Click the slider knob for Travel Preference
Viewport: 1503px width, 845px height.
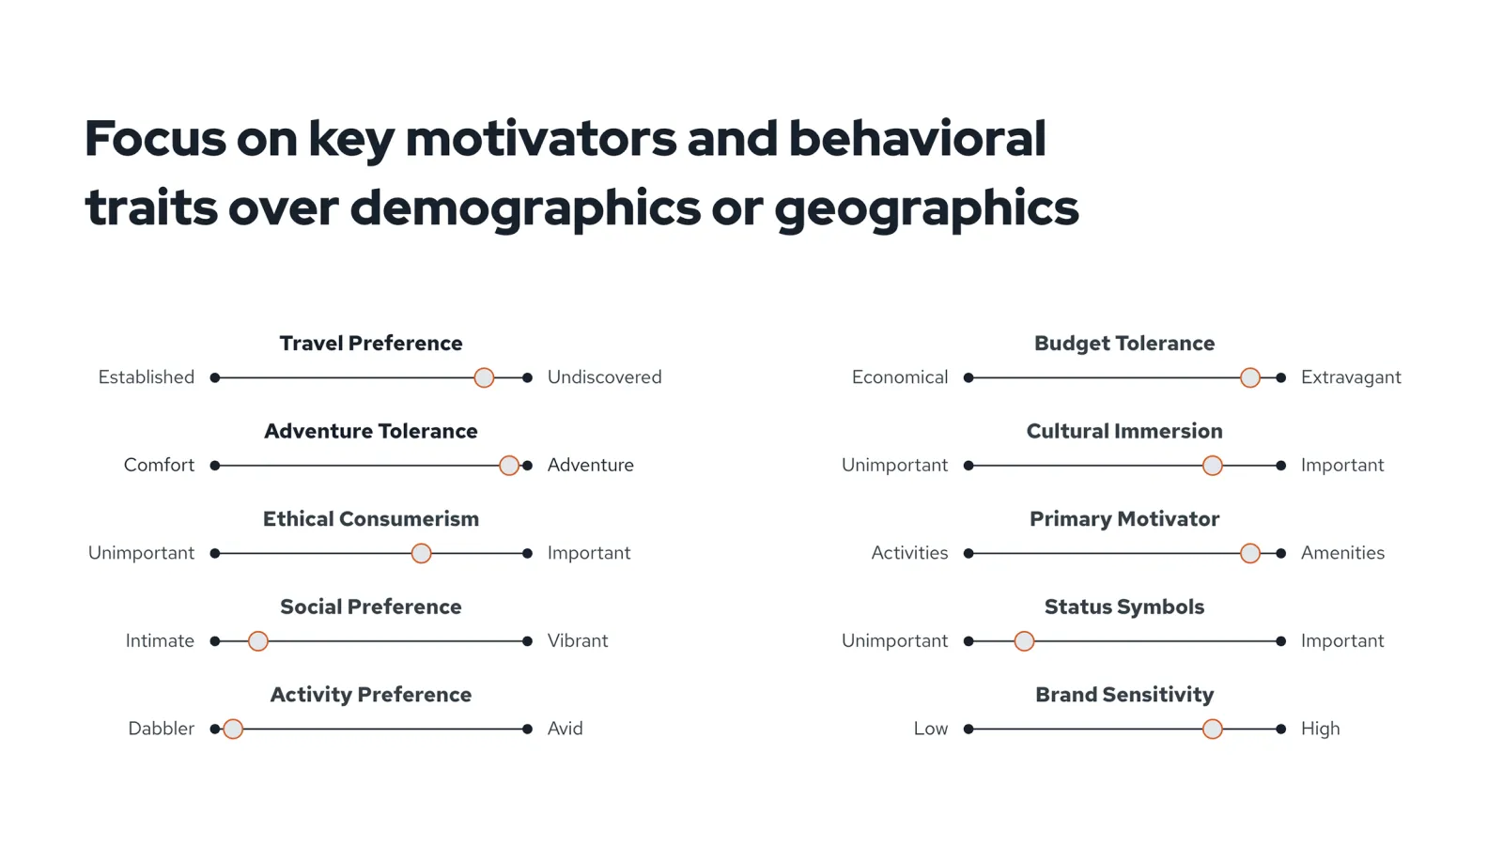[x=484, y=377]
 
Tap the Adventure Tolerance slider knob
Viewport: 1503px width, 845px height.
[x=509, y=466]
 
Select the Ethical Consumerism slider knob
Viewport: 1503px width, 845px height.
[x=422, y=553]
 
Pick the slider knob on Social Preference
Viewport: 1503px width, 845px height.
[x=258, y=641]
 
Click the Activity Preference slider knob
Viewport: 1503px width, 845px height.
[x=233, y=729]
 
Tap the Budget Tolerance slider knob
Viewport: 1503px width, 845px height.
[x=1250, y=377]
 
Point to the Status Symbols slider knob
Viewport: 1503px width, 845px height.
[x=1024, y=641]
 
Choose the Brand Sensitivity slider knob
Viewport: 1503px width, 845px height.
[x=1213, y=729]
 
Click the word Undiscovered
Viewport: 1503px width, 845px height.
[x=605, y=376]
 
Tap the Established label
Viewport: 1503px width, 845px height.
[x=147, y=376]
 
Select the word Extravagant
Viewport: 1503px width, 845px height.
[x=1351, y=377]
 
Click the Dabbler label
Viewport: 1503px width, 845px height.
[x=161, y=729]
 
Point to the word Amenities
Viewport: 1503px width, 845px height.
[x=1342, y=553]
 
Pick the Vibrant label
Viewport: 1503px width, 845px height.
[x=578, y=640]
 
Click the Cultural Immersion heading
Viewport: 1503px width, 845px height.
[x=1124, y=431]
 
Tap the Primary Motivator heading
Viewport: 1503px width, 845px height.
[x=1124, y=519]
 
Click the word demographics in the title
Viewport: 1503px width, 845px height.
[x=525, y=208]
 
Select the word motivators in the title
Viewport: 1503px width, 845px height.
[x=541, y=139]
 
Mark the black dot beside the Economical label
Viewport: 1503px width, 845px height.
[x=968, y=378]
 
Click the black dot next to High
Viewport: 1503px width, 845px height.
[x=1281, y=729]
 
